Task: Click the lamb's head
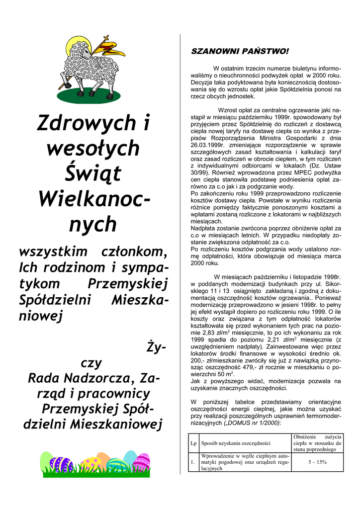(82, 50)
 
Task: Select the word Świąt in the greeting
(93, 173)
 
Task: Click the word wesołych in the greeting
(93, 148)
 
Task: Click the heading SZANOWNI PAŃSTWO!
(240, 51)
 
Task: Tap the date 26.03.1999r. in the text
(211, 145)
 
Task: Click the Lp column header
(192, 442)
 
